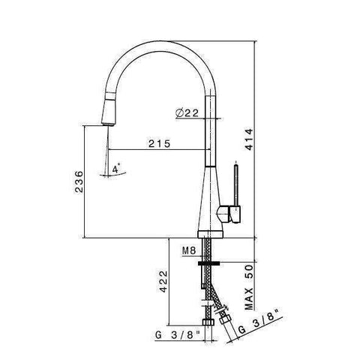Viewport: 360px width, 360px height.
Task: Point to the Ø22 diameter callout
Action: click(x=187, y=113)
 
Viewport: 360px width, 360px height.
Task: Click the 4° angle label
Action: click(x=116, y=170)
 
